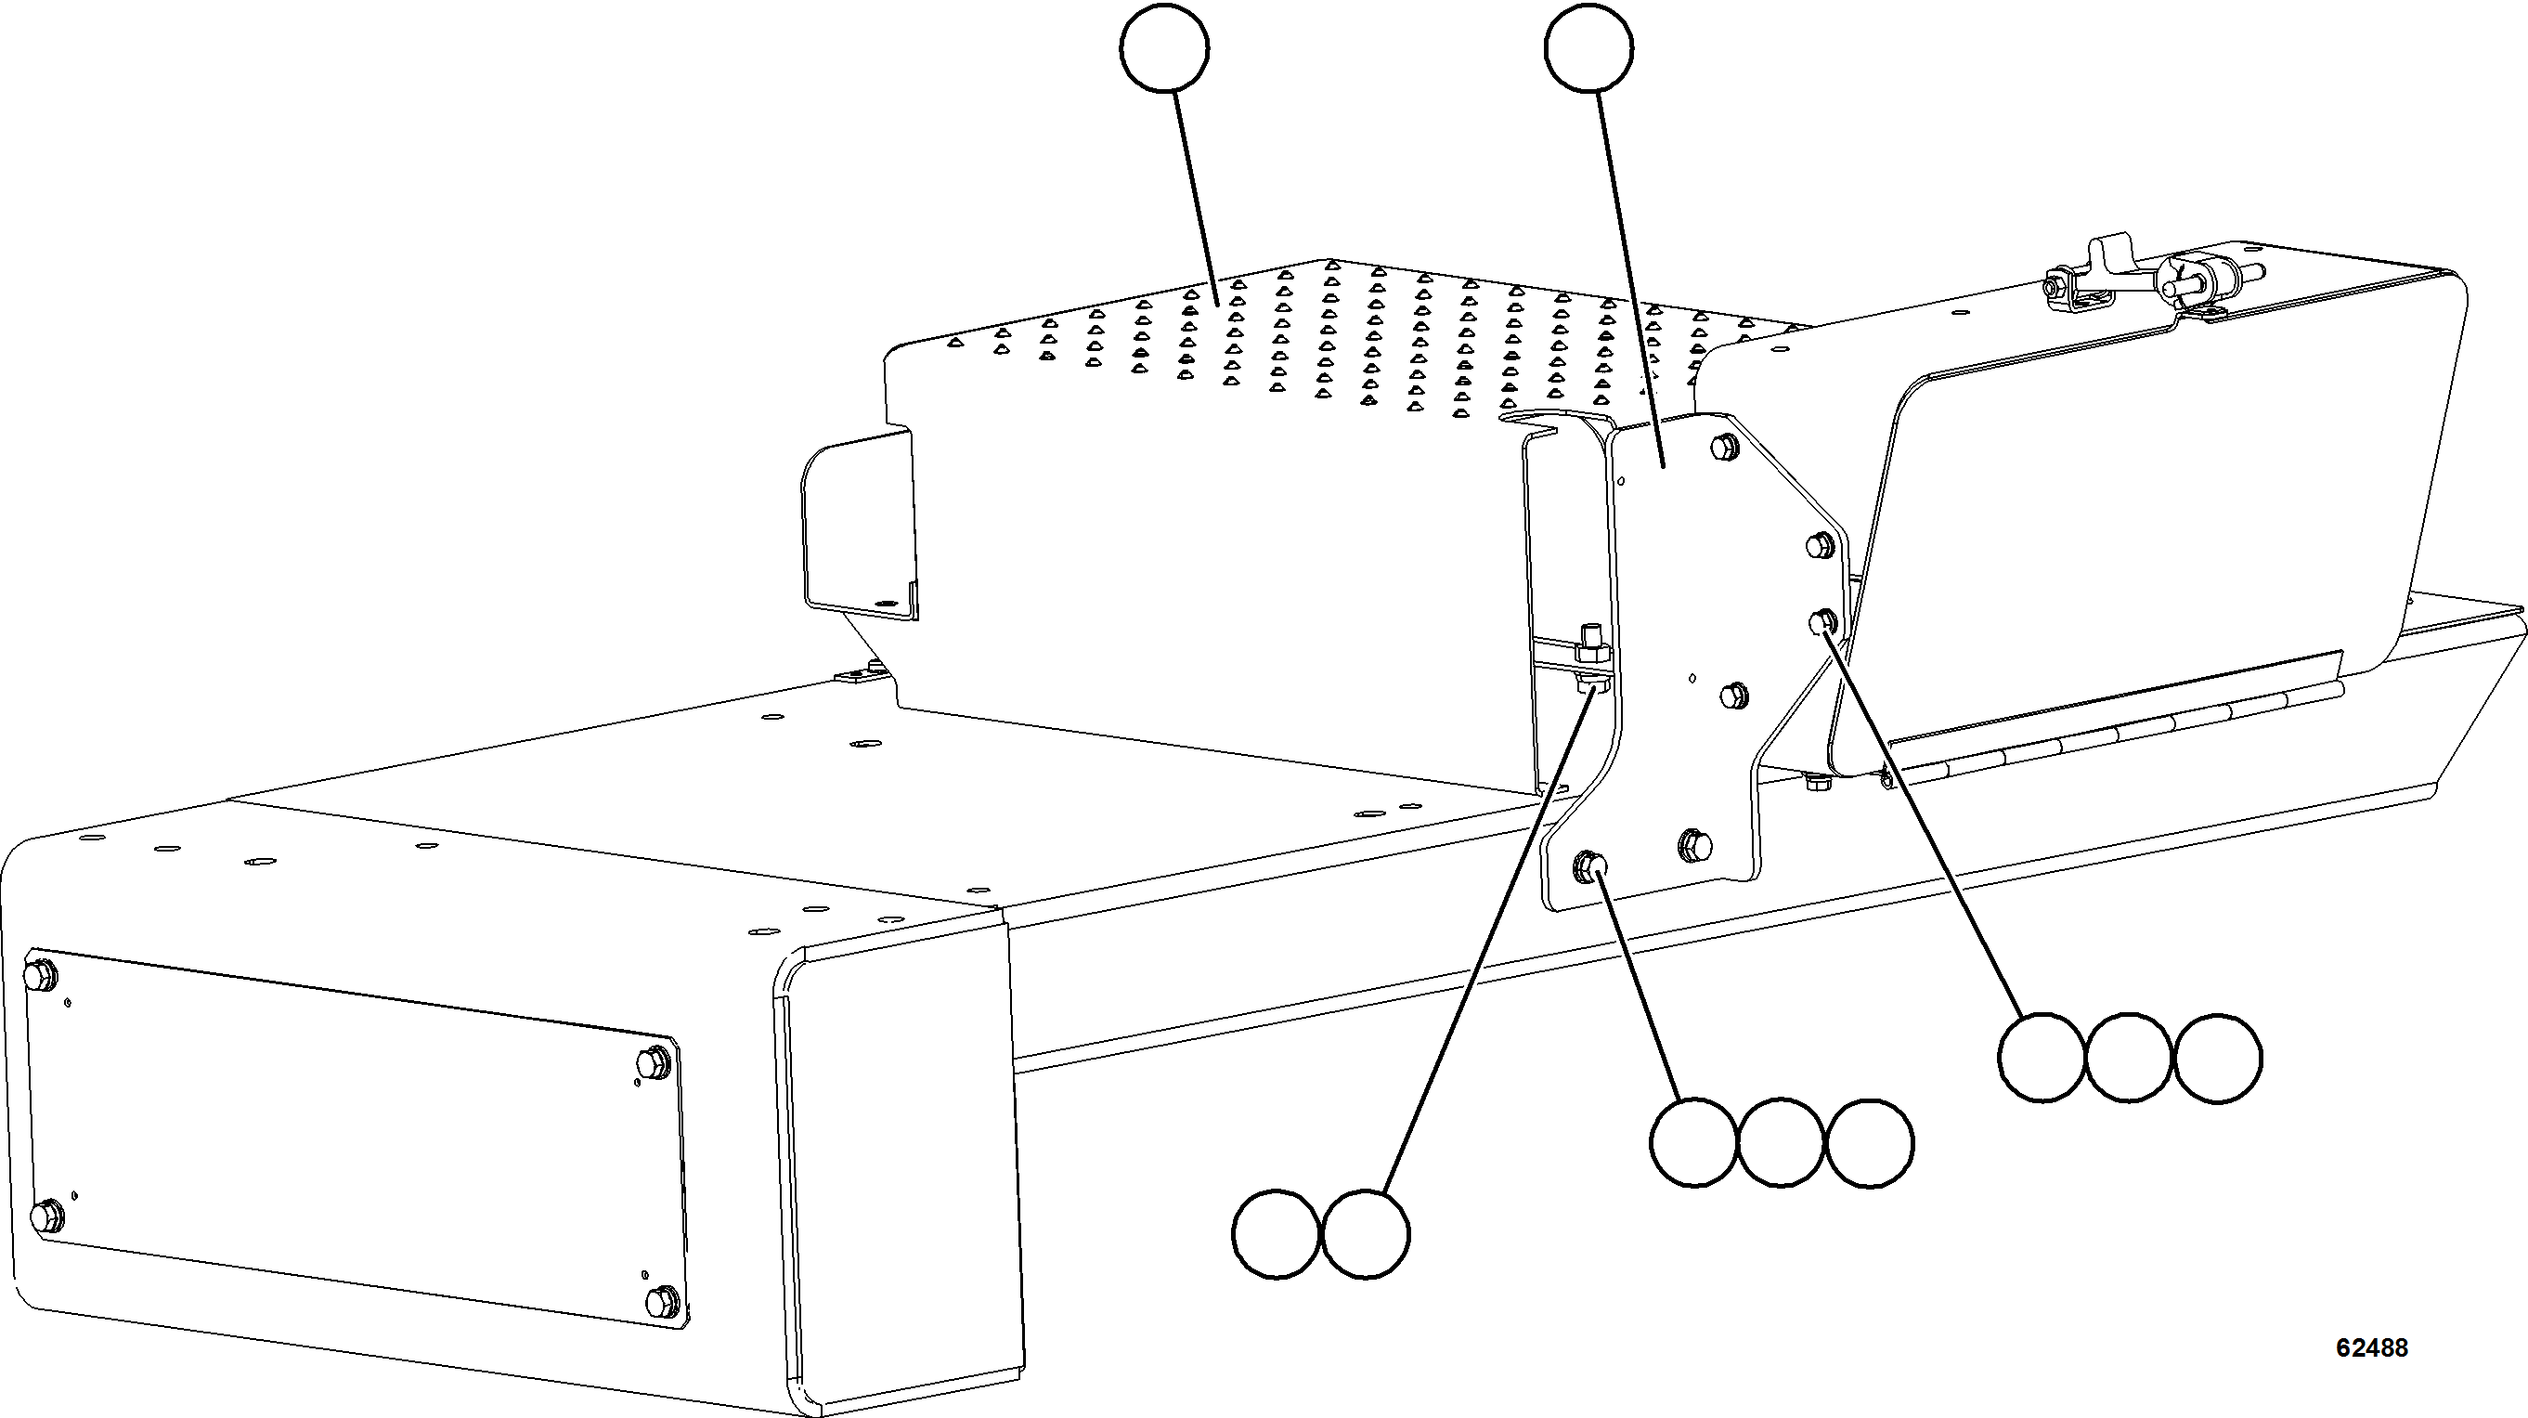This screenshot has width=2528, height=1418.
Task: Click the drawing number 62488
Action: tap(2371, 1348)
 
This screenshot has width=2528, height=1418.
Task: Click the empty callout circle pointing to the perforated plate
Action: tap(1164, 49)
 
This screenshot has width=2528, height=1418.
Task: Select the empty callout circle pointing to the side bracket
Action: tap(1588, 49)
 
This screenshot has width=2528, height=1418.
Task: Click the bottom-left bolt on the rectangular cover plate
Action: tap(45, 1216)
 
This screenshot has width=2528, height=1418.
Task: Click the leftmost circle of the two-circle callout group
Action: tap(1276, 1233)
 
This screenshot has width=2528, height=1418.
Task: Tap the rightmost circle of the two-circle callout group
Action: tap(1366, 1233)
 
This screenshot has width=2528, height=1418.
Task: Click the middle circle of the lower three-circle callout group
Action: tap(1782, 1142)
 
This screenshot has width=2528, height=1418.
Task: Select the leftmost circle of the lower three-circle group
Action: tap(1693, 1142)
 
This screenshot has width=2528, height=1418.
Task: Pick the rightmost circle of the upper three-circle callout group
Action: tap(2218, 1058)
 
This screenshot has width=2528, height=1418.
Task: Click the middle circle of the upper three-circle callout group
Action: tap(2129, 1058)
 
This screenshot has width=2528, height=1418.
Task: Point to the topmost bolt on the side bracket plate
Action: tap(1723, 448)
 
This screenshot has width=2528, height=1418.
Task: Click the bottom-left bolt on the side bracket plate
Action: tap(1588, 865)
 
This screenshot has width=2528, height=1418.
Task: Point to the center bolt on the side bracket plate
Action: tap(1734, 694)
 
